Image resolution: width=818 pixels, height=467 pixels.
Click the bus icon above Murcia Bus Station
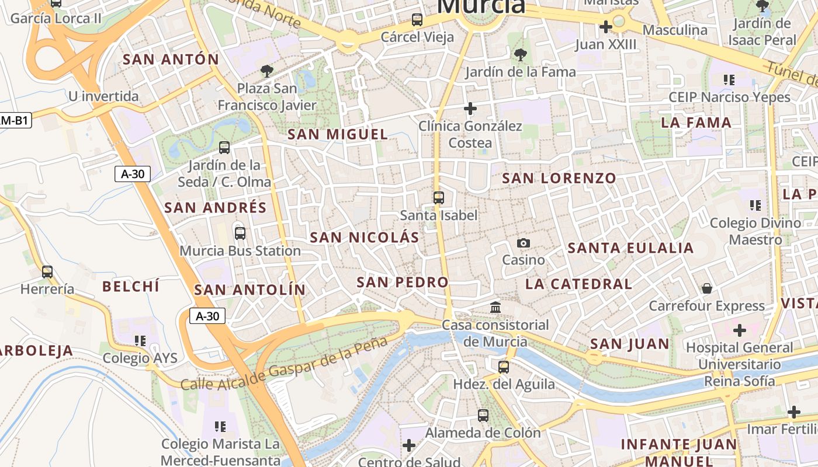(x=240, y=233)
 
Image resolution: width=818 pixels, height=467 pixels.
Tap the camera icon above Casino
(x=524, y=243)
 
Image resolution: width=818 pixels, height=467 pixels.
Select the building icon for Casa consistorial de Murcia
(x=495, y=307)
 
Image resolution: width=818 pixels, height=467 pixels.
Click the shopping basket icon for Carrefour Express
(x=707, y=288)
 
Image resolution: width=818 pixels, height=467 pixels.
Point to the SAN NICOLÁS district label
(x=365, y=238)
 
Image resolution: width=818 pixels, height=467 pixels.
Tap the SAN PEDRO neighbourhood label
(x=403, y=283)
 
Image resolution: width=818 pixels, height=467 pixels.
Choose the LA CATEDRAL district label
(x=578, y=284)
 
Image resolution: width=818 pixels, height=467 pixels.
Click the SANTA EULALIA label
(x=631, y=248)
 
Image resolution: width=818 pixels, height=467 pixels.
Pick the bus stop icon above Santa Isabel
(x=439, y=198)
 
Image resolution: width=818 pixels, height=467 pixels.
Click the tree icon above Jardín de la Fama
(x=520, y=55)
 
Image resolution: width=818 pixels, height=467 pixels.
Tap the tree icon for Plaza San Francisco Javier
(x=267, y=71)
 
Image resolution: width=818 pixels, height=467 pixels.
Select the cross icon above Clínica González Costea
(x=470, y=109)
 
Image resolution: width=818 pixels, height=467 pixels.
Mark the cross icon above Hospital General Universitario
(x=740, y=330)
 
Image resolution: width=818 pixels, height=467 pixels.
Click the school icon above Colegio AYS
(x=140, y=340)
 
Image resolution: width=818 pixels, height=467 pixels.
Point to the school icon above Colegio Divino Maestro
(x=755, y=205)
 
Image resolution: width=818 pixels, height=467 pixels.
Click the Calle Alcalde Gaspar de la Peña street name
(x=284, y=364)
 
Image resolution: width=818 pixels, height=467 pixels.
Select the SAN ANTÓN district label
(x=171, y=60)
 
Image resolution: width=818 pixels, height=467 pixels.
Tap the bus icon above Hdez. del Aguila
(x=504, y=367)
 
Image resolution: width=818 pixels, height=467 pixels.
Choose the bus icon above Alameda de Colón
(x=483, y=416)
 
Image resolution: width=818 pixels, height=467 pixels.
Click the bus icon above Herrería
(x=47, y=272)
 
